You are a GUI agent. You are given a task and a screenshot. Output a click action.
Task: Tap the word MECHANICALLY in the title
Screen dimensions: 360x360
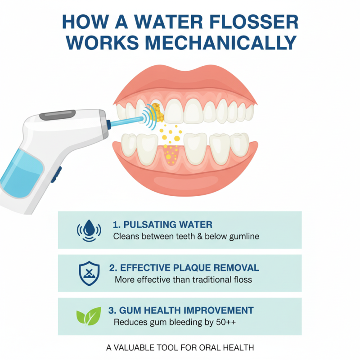click(x=223, y=42)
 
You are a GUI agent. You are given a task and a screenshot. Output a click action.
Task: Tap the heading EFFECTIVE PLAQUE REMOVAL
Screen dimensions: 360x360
click(x=184, y=268)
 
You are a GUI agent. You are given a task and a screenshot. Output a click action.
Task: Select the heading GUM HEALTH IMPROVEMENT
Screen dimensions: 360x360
click(x=181, y=310)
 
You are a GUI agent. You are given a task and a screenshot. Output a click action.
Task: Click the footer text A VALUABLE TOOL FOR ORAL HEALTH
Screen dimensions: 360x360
click(x=180, y=347)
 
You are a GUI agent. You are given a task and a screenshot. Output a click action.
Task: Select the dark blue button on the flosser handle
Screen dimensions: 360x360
click(x=56, y=173)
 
